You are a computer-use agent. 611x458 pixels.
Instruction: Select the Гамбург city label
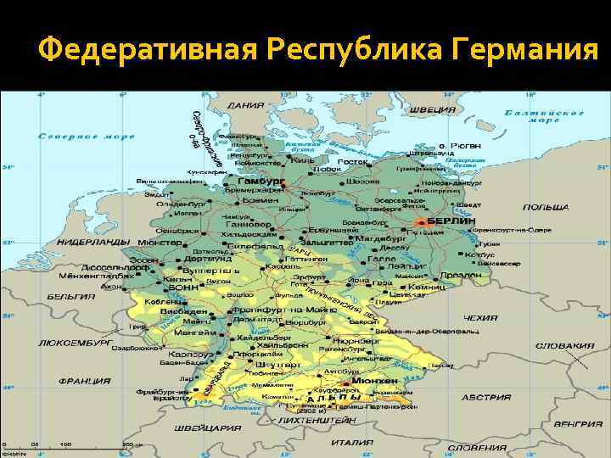point(255,182)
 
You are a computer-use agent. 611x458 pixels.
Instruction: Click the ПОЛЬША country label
point(546,207)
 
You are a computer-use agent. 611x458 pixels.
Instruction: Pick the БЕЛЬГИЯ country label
point(70,297)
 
